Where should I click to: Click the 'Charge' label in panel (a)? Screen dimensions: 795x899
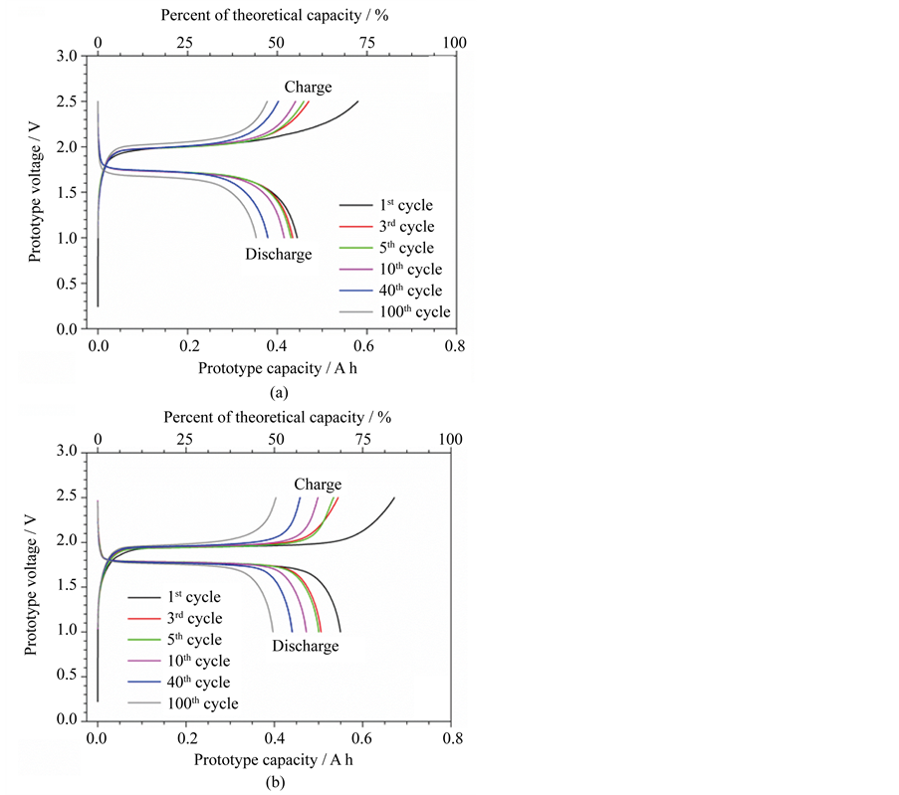(x=309, y=88)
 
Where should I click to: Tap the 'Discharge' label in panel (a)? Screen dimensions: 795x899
(x=279, y=255)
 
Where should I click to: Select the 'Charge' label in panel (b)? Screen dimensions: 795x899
(x=318, y=485)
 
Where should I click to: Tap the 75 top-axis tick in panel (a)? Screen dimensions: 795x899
(x=366, y=43)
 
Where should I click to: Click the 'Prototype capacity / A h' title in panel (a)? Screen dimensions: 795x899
(x=277, y=369)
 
